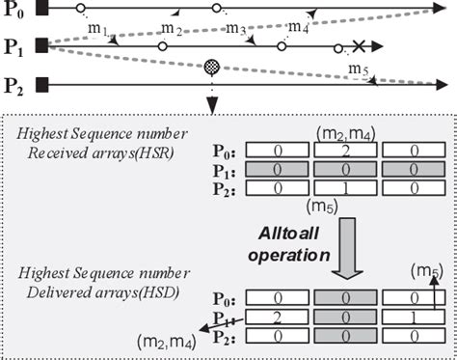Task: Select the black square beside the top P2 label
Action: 41,86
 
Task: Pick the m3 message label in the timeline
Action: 236,30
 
